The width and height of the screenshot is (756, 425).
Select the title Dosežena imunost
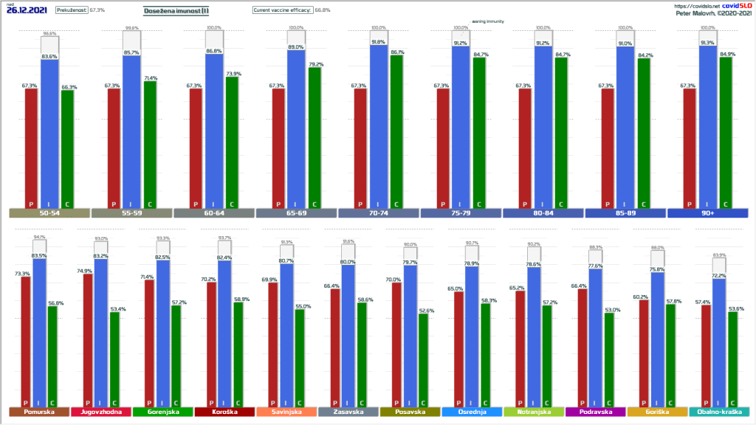coord(176,10)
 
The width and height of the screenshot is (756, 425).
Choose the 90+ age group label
coord(708,213)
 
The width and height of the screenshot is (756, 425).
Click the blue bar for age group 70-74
coord(379,125)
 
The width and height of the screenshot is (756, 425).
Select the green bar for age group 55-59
coord(150,144)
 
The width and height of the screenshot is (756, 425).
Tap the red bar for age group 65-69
coord(278,148)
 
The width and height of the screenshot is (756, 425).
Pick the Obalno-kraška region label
coord(718,412)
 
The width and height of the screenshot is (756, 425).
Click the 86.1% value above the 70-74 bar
coord(397,52)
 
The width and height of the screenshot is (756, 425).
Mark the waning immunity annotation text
coord(488,22)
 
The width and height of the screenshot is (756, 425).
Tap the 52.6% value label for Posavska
coord(426,311)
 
